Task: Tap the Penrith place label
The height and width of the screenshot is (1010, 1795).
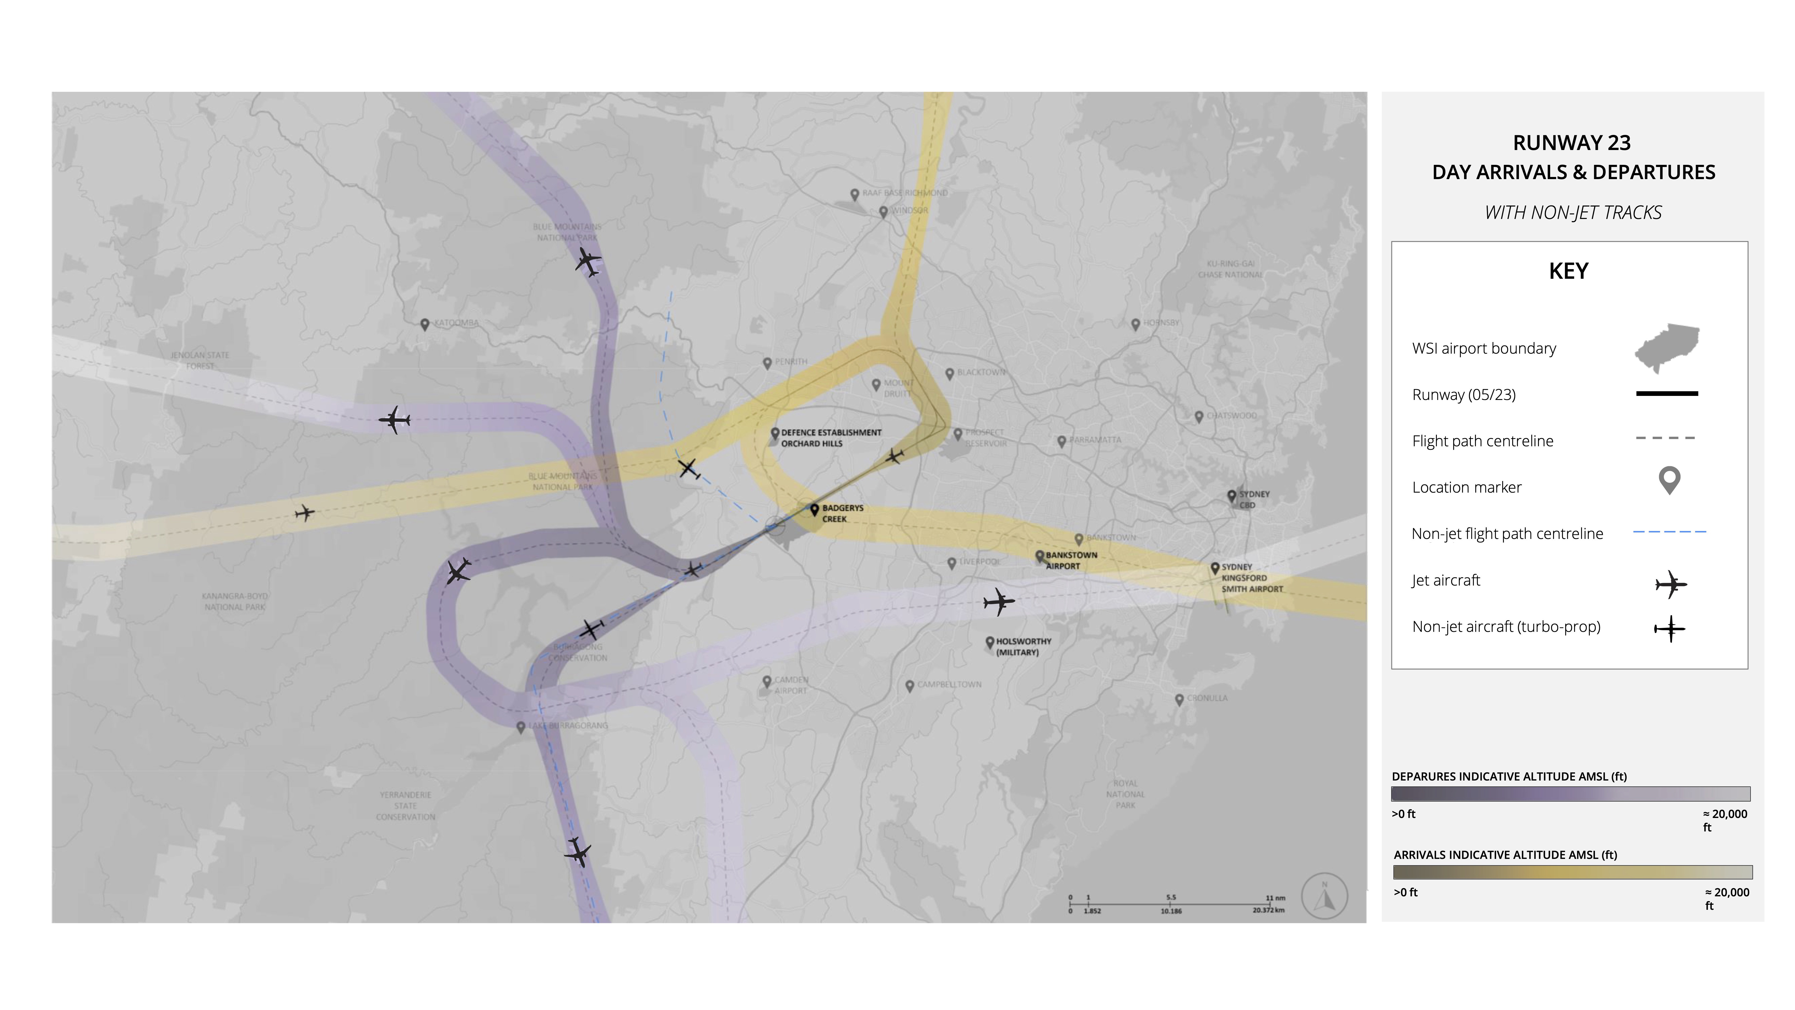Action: [x=791, y=362]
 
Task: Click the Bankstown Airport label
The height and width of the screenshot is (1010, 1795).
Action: [x=1071, y=560]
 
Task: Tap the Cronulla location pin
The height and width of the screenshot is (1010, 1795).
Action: [x=1179, y=699]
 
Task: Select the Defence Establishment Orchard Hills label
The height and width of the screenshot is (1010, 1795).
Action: [x=831, y=438]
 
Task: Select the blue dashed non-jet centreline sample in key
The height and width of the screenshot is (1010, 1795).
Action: [x=1670, y=532]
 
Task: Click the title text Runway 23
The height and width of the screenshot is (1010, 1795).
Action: [x=1571, y=143]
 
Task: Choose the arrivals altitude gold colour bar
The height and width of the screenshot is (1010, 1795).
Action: [x=1572, y=872]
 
